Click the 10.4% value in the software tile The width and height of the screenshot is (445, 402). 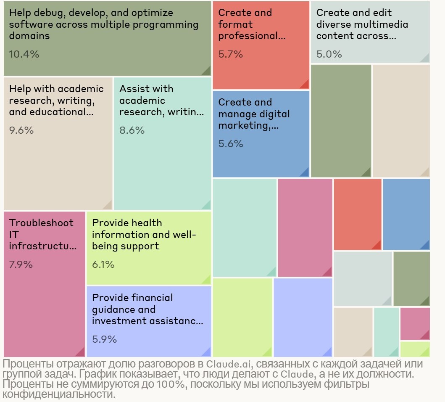24,54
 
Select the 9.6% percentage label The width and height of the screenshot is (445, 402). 21,130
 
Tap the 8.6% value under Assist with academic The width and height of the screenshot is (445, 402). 132,130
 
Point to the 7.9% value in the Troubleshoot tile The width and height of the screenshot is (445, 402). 21,264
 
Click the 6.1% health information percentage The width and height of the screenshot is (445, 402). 103,264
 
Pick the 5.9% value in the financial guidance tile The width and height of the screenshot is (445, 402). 104,339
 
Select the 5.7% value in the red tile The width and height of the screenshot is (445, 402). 231,54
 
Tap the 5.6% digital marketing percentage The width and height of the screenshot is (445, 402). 231,143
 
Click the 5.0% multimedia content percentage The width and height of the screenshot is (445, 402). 329,54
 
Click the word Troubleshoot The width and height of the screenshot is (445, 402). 41,223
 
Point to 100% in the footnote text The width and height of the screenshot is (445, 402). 169,384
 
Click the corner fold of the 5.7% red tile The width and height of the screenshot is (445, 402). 304,84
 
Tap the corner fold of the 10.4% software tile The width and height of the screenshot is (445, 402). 206,70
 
